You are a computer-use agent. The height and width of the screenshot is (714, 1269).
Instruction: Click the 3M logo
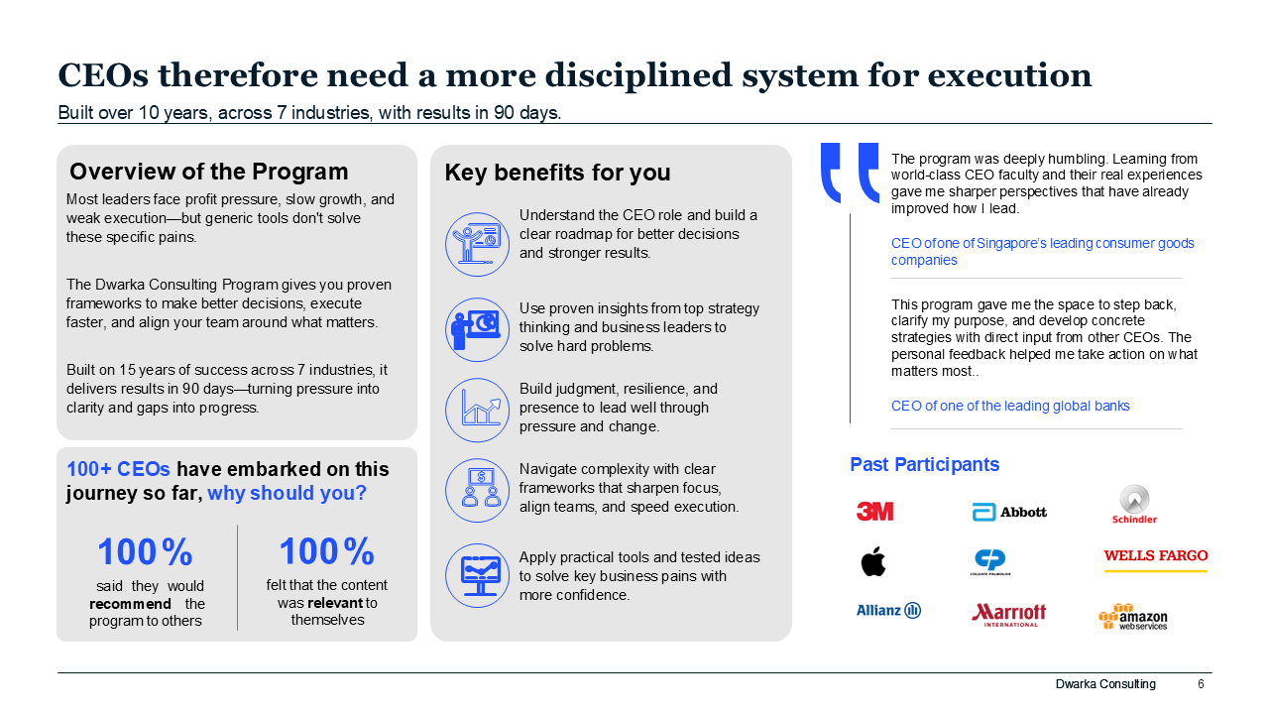coord(874,511)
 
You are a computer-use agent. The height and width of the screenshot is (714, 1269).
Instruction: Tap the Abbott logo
coord(1009,512)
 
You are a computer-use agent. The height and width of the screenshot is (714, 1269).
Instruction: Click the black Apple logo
coord(873,561)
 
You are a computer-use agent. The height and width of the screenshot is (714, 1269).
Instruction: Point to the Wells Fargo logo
coord(1156,560)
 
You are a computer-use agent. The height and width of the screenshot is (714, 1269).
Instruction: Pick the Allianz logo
coord(888,610)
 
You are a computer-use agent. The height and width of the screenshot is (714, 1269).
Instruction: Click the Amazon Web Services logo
coord(1133,617)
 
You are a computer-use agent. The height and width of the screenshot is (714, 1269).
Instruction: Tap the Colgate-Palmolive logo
coord(990,562)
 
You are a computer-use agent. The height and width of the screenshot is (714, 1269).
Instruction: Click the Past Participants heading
coord(925,465)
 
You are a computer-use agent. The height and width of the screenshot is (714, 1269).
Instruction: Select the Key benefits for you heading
coord(557,173)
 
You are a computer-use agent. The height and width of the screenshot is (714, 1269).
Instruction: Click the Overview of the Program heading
coord(208,172)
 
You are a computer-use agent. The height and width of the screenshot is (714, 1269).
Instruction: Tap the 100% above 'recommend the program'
coord(145,551)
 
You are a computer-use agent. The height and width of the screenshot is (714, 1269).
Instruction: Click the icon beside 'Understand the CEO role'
coord(477,244)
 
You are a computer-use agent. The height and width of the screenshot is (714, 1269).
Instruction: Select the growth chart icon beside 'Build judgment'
coord(477,410)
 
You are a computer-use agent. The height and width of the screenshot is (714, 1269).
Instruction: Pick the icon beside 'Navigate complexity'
coord(477,490)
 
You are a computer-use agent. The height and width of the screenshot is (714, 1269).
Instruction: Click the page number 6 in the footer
coord(1201,684)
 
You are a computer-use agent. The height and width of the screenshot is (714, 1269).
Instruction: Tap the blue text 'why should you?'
coord(287,493)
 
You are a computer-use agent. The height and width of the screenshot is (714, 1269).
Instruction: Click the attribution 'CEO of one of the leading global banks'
coord(1010,406)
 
